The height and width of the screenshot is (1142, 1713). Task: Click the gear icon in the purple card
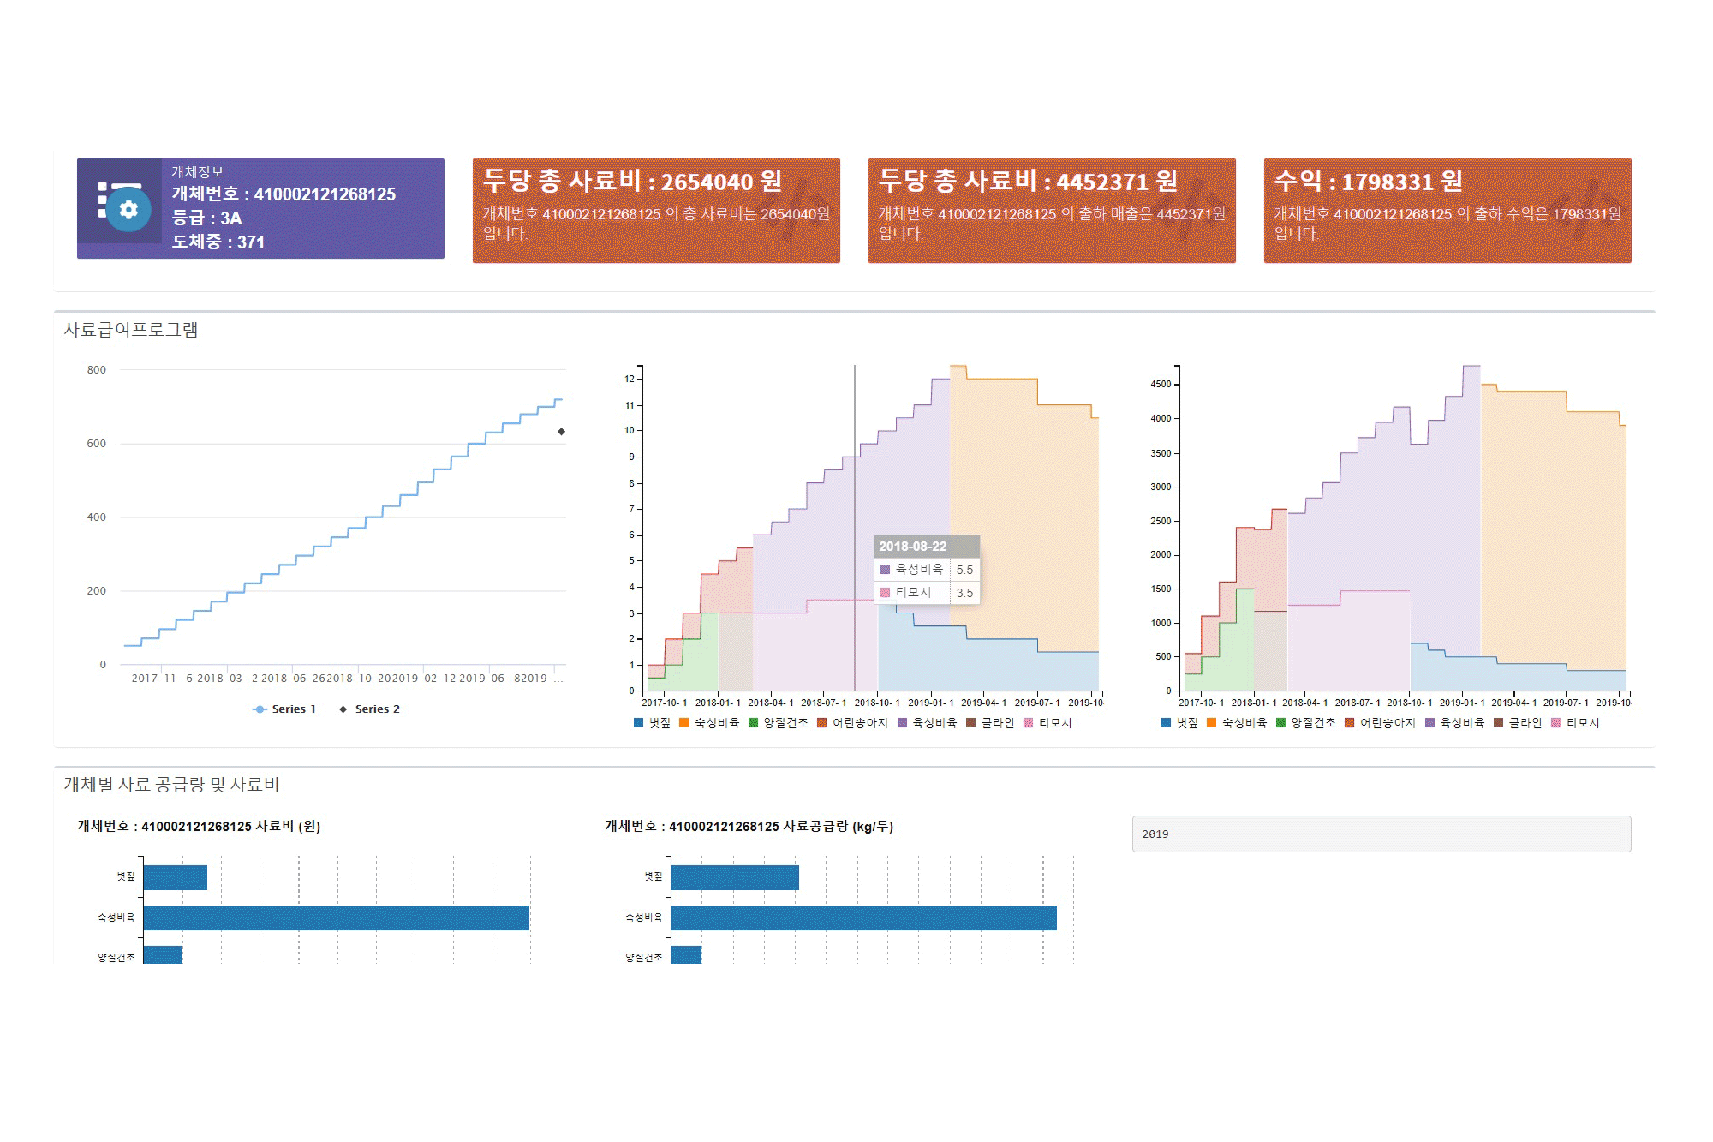coord(128,210)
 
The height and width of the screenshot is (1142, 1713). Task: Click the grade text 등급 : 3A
coord(206,218)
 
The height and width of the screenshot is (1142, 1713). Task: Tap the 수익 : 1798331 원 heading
coord(1368,182)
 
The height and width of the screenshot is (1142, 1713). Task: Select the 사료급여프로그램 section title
coord(131,330)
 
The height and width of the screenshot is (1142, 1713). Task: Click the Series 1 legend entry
coord(285,709)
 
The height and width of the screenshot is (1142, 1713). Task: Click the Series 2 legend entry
coord(370,709)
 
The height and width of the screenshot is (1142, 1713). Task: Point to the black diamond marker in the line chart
coord(561,432)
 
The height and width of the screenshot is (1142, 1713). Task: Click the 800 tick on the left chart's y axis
coord(97,370)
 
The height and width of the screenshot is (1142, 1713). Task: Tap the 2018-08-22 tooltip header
coord(913,547)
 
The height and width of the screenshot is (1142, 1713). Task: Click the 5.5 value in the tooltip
coord(964,570)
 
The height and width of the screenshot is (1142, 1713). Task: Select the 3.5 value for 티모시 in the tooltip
coord(964,593)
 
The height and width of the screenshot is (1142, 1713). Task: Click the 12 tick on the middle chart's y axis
coord(630,379)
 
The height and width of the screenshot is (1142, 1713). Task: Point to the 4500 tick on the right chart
coord(1161,385)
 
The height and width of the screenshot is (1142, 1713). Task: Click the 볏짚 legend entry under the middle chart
coord(653,723)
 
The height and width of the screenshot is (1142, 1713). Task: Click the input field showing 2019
coord(1381,834)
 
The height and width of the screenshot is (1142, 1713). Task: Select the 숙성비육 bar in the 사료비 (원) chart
coord(336,918)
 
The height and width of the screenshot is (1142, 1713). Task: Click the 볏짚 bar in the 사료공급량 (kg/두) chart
coord(734,877)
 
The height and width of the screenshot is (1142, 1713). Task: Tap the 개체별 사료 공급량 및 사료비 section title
coord(171,785)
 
